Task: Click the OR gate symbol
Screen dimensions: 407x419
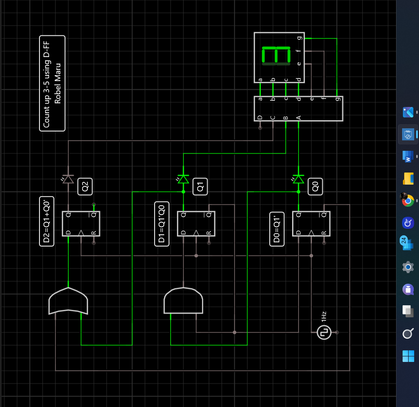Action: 68,301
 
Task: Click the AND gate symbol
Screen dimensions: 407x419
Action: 184,301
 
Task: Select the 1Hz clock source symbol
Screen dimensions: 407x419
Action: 324,333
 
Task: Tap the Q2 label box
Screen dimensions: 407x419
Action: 85,187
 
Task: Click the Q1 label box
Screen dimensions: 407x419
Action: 200,187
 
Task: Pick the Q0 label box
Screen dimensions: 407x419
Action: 315,187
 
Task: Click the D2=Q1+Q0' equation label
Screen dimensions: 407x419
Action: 47,221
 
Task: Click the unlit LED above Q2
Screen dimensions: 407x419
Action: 68,179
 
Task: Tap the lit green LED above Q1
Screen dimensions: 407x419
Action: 184,179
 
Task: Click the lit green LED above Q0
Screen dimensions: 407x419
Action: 298,179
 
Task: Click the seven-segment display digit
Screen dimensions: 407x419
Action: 276,56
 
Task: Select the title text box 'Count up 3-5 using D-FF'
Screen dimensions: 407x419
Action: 52,83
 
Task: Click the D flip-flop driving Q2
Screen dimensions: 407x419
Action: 81,224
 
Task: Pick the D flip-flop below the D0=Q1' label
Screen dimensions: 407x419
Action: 311,224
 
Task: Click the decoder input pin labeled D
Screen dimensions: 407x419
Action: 260,117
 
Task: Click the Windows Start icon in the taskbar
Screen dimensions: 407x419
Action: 408,356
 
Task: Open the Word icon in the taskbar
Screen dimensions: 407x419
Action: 408,156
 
